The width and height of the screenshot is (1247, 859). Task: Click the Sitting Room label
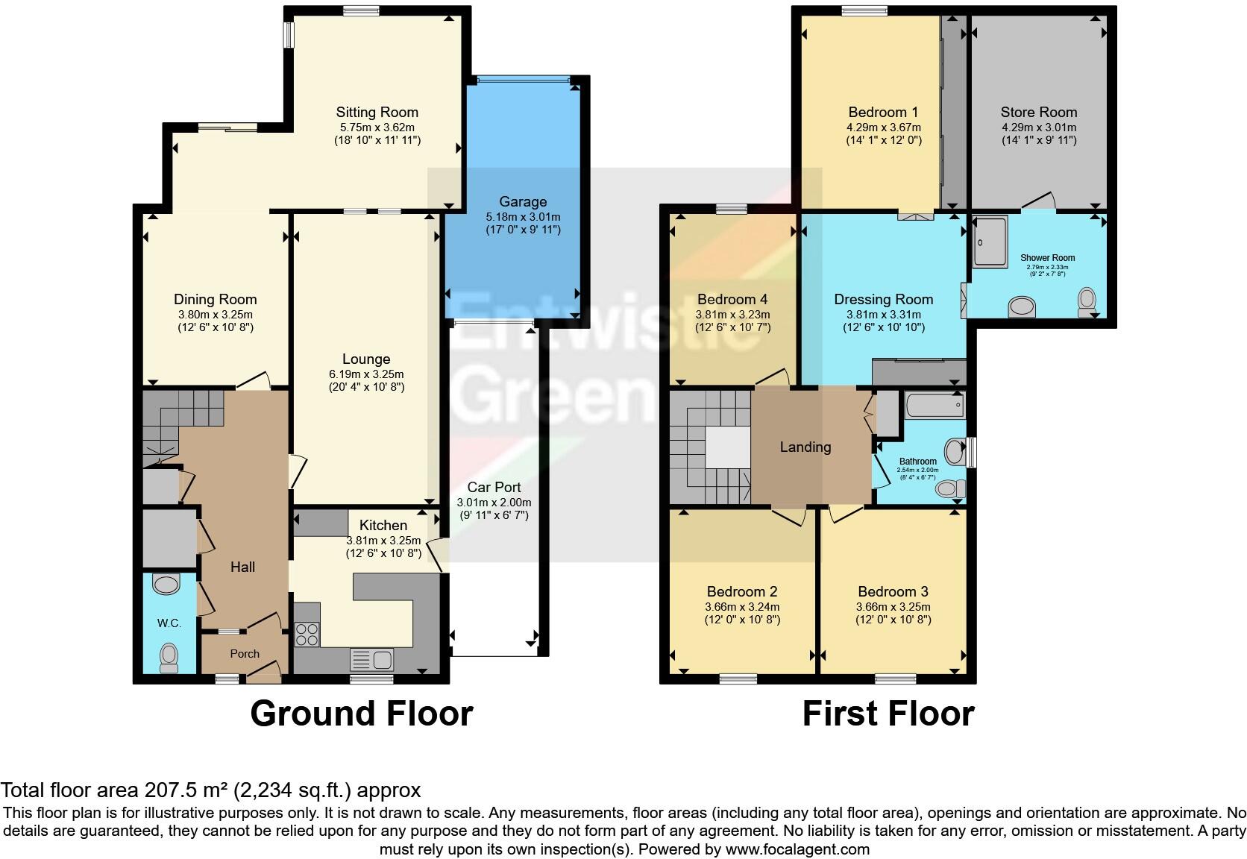377,113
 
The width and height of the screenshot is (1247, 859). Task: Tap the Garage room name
523,202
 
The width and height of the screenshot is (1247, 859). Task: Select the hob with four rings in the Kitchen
307,635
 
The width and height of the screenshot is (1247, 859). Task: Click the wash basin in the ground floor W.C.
166,584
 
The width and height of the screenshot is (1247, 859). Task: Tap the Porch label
245,654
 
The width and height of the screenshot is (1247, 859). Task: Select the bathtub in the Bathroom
935,406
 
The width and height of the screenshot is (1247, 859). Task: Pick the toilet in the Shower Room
1087,301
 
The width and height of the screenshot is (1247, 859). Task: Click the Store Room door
1039,201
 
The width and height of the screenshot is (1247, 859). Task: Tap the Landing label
805,447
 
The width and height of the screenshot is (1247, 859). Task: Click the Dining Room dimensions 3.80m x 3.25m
215,314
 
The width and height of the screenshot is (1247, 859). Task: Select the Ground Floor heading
362,714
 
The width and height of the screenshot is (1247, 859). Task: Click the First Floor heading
888,714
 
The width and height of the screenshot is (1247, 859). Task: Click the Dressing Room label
883,300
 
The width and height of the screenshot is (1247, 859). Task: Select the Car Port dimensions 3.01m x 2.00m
494,503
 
